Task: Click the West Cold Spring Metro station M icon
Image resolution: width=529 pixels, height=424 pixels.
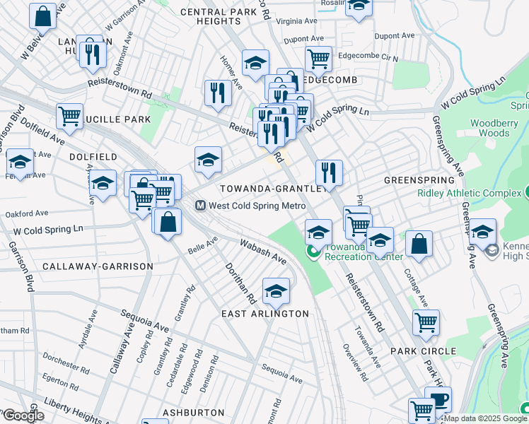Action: click(x=200, y=206)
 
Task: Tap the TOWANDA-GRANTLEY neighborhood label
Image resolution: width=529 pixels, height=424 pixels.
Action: click(x=274, y=189)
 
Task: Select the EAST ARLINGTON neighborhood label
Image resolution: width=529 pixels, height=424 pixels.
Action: click(x=264, y=314)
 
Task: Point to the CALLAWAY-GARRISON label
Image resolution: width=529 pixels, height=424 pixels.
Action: click(x=98, y=266)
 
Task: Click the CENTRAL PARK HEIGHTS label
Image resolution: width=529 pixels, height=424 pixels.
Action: click(x=221, y=17)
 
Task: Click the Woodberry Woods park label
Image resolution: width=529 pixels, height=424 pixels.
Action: click(x=494, y=128)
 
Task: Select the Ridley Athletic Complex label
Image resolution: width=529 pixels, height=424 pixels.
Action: click(x=469, y=193)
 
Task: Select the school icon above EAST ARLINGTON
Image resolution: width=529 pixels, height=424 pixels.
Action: click(x=276, y=290)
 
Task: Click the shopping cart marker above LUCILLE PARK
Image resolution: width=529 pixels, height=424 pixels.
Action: click(x=69, y=116)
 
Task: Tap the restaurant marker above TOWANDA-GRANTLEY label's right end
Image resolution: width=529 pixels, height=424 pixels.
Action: click(x=329, y=172)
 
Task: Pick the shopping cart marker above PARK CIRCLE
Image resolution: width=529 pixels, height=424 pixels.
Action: click(x=426, y=322)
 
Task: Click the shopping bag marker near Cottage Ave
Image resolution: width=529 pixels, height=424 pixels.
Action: click(x=419, y=245)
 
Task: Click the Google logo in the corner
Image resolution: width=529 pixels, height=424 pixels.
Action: click(x=23, y=416)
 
